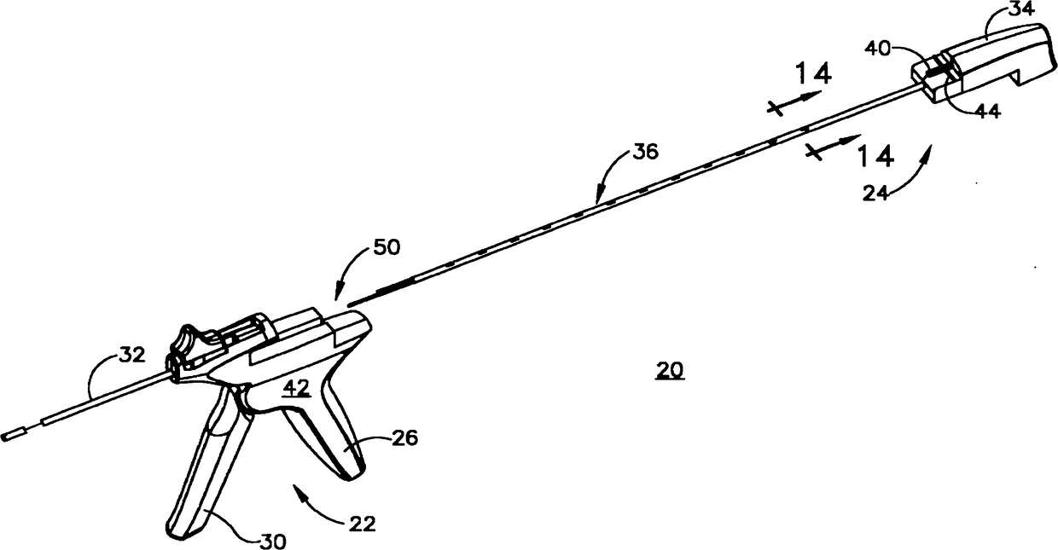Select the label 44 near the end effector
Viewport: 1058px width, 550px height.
pyautogui.click(x=988, y=110)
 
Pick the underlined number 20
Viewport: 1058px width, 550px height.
pyautogui.click(x=670, y=371)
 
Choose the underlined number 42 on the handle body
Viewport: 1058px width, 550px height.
pyautogui.click(x=296, y=387)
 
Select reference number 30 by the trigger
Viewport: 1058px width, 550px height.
pyautogui.click(x=273, y=539)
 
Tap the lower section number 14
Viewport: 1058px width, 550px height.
pyautogui.click(x=875, y=156)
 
